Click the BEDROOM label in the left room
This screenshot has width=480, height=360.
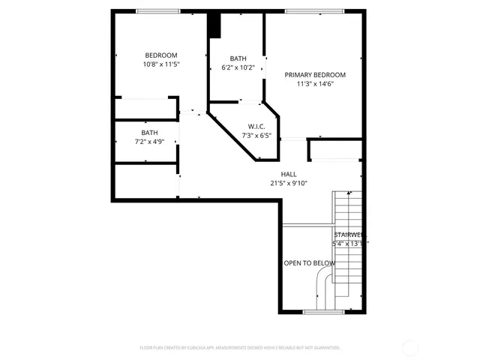(x=160, y=55)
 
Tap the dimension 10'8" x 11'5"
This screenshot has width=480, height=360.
(x=160, y=64)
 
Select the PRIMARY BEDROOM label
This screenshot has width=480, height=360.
(x=315, y=74)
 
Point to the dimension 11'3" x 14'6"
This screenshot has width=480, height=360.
(x=315, y=84)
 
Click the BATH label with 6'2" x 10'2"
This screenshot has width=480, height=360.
(x=238, y=58)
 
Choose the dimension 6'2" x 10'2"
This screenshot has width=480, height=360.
(x=238, y=67)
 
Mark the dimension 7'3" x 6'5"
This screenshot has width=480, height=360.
(x=256, y=136)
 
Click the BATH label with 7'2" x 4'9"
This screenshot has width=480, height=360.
(x=149, y=133)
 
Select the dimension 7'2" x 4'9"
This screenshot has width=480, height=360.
(x=149, y=142)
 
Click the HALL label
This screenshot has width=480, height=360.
(x=289, y=174)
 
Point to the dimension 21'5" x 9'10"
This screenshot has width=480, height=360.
(x=289, y=183)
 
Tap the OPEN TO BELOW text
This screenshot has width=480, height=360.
(x=308, y=263)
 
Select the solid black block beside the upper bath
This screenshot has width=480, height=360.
(x=214, y=25)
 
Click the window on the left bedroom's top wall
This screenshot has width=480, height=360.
(x=157, y=10)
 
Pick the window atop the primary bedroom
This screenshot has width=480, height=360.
(x=314, y=10)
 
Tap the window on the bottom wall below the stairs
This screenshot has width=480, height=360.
(x=323, y=311)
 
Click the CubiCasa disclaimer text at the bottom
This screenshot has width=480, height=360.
(x=240, y=347)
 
